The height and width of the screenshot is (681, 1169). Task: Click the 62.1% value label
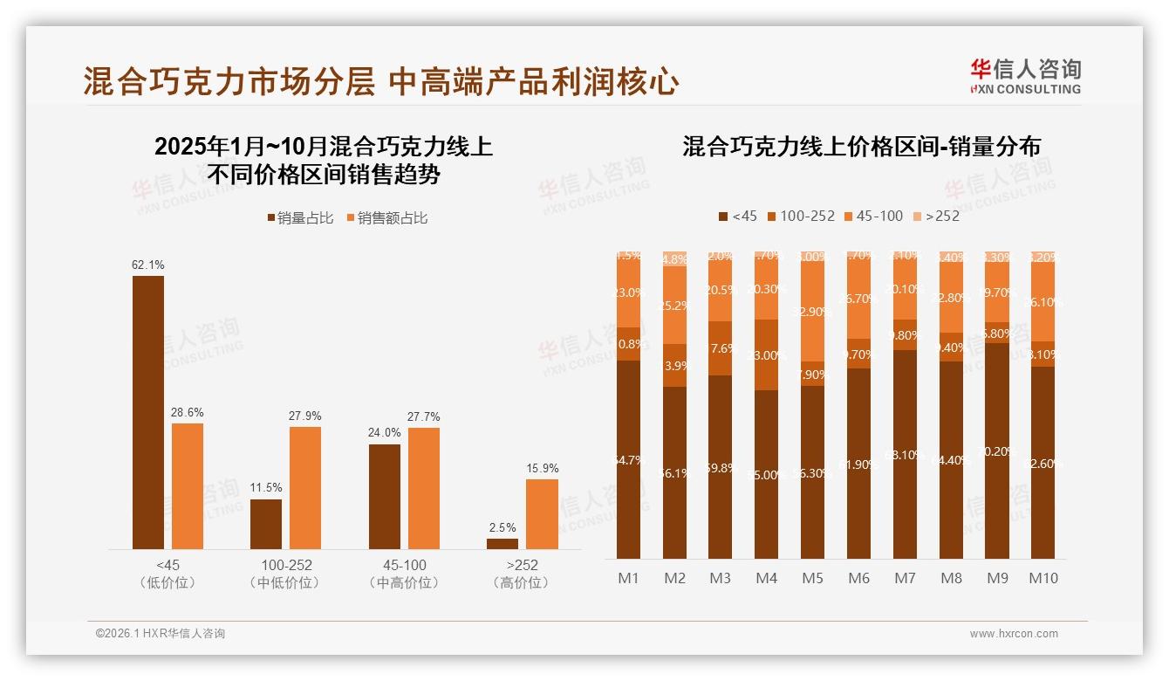tap(147, 265)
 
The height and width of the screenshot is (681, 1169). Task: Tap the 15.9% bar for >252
tap(542, 514)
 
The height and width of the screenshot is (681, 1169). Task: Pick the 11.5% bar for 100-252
tap(266, 524)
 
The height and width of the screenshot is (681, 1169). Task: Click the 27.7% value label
tap(423, 416)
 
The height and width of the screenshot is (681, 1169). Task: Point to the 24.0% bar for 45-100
tap(384, 497)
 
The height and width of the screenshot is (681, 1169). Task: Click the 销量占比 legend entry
tap(299, 218)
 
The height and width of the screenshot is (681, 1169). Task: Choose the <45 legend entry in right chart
tap(737, 216)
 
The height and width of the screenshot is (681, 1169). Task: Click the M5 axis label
tap(812, 578)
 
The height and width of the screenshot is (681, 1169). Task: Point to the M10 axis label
tap(1043, 578)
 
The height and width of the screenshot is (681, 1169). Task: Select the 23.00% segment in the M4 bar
tap(766, 354)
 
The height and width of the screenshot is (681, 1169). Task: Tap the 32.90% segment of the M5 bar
tap(812, 312)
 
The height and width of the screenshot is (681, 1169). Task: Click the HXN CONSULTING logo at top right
tap(1025, 76)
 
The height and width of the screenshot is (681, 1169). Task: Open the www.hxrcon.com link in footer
tap(1013, 634)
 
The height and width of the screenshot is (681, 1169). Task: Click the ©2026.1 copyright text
tap(160, 634)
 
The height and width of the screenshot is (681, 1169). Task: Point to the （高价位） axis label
tap(521, 582)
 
